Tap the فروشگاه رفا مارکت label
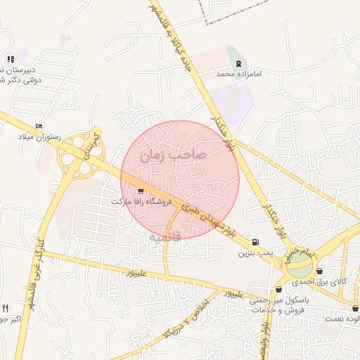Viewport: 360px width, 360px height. pos(141,202)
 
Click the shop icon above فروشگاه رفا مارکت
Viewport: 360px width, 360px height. pos(141,191)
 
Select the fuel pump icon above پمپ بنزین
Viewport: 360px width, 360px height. pos(254,241)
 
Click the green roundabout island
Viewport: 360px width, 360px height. pos(300,265)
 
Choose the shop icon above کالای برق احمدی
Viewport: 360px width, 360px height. pos(320,271)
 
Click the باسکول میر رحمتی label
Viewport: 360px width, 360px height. pos(278,300)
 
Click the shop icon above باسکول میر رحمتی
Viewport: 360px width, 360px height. pos(279,289)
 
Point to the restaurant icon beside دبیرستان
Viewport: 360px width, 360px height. pos(10,59)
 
